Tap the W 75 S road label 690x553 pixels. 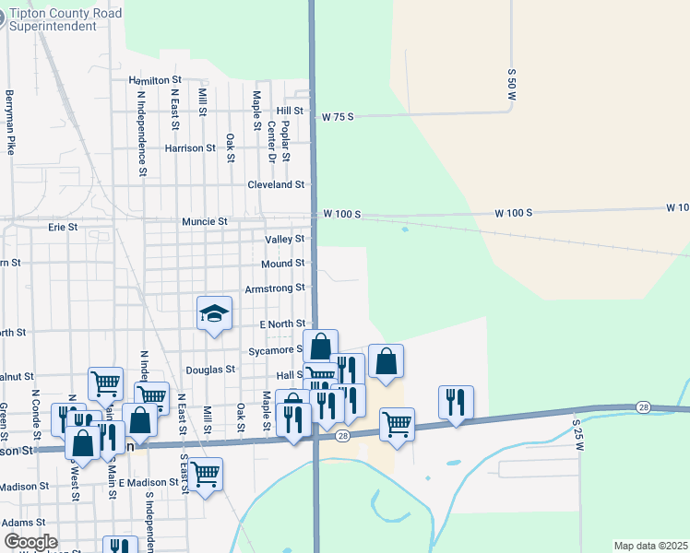pos(338,117)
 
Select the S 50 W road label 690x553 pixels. pos(511,83)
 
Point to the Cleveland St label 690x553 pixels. pos(276,184)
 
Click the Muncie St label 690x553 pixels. pos(205,221)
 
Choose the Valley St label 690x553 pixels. pos(285,239)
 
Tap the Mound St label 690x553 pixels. pos(282,264)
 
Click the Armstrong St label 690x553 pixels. pos(275,288)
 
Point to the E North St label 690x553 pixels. pos(281,324)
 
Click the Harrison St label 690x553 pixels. pos(190,147)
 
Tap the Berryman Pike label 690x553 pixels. pos(10,122)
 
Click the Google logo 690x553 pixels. pos(30,541)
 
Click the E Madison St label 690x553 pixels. pos(148,482)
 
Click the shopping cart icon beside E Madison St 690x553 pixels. pos(205,474)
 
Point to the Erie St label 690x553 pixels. pos(63,226)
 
